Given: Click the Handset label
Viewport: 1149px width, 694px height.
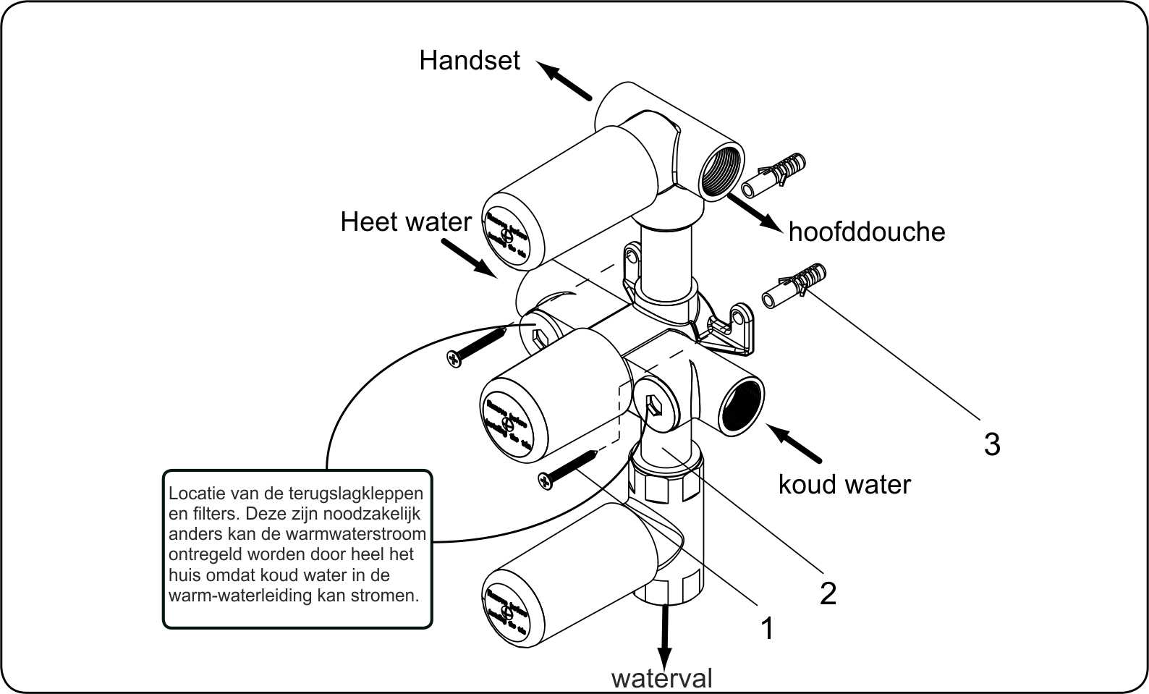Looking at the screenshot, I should [x=469, y=60].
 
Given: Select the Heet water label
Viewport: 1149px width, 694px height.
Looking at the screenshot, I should [x=405, y=221].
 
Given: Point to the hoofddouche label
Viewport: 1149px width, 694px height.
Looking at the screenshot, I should [x=866, y=232].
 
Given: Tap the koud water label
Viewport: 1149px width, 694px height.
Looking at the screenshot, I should [x=844, y=484].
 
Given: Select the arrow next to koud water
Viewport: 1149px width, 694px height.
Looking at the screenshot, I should [x=794, y=444].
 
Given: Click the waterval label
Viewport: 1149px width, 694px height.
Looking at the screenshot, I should [x=661, y=678].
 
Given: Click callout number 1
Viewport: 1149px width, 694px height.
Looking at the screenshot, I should [x=767, y=628].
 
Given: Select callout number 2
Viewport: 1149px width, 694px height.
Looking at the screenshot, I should [x=828, y=593].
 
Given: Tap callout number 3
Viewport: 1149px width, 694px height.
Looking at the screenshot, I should [x=992, y=444].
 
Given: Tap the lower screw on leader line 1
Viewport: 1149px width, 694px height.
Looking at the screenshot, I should [x=568, y=469].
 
